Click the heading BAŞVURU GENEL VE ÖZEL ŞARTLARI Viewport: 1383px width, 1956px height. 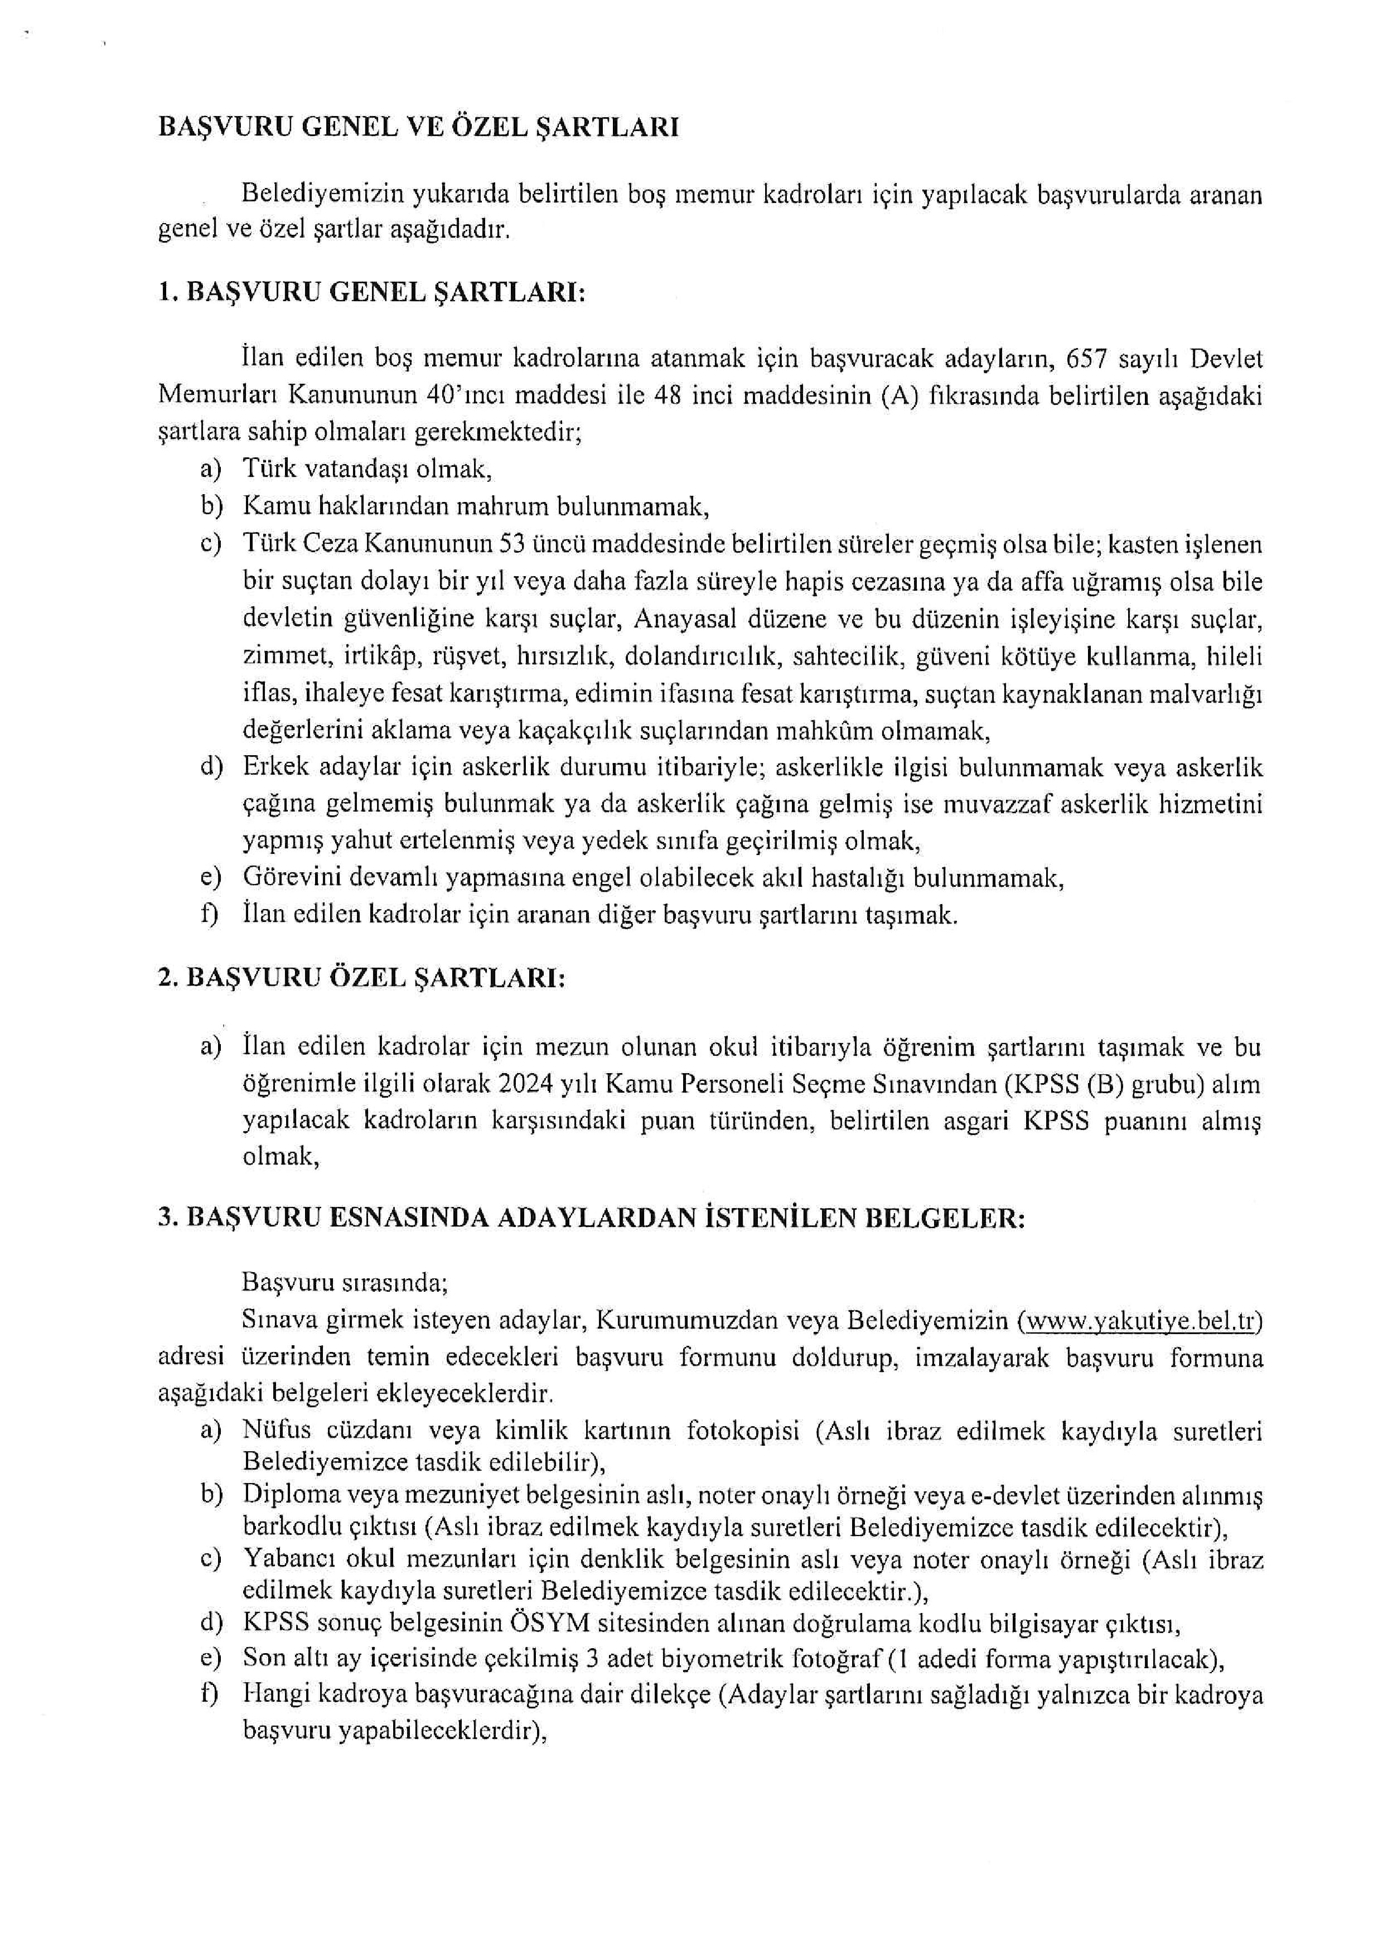click(418, 127)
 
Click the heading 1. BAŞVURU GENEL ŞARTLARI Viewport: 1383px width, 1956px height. click(372, 292)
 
